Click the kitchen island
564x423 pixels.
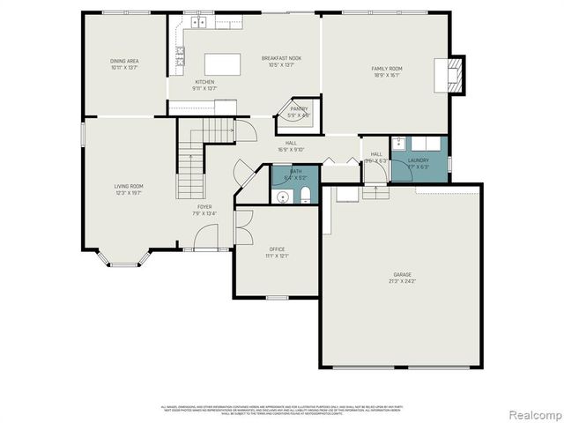click(223, 64)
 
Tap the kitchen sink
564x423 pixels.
click(201, 22)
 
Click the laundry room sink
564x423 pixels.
click(398, 144)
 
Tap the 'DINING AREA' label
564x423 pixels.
click(124, 61)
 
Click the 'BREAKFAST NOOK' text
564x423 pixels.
click(281, 58)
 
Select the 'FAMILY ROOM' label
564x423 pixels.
click(386, 68)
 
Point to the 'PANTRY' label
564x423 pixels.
click(299, 108)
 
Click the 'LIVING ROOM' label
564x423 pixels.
click(128, 186)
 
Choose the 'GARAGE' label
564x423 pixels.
click(402, 274)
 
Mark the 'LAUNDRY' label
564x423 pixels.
click(418, 160)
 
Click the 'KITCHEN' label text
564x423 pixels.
click(204, 82)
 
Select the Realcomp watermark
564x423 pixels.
click(531, 413)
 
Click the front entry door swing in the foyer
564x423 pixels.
click(206, 236)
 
